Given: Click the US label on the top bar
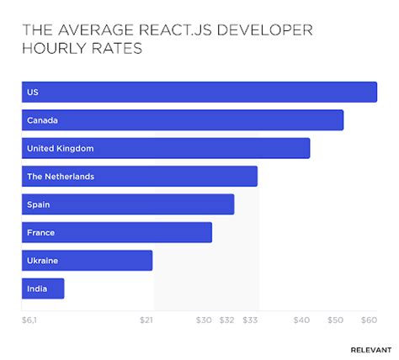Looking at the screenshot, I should click(x=33, y=93).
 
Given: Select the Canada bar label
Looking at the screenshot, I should click(x=42, y=120).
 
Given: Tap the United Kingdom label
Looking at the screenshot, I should click(x=60, y=148).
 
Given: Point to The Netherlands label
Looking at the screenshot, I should click(x=61, y=177).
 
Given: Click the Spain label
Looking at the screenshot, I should click(x=39, y=204).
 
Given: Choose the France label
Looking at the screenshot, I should click(x=40, y=232).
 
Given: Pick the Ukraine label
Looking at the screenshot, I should click(x=43, y=261).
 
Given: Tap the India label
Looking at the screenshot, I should click(x=37, y=289).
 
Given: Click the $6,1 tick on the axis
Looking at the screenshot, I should click(x=29, y=320).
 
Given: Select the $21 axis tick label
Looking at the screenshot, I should click(x=146, y=320).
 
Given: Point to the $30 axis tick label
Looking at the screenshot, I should click(x=204, y=320).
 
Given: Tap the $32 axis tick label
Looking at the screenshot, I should click(x=226, y=320).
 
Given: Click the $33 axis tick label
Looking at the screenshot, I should click(x=250, y=320).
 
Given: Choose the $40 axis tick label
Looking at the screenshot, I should click(x=301, y=320).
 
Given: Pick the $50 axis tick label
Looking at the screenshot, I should click(x=336, y=320).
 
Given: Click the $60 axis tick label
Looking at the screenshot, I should click(x=369, y=320).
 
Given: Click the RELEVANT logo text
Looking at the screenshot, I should click(x=370, y=348).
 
